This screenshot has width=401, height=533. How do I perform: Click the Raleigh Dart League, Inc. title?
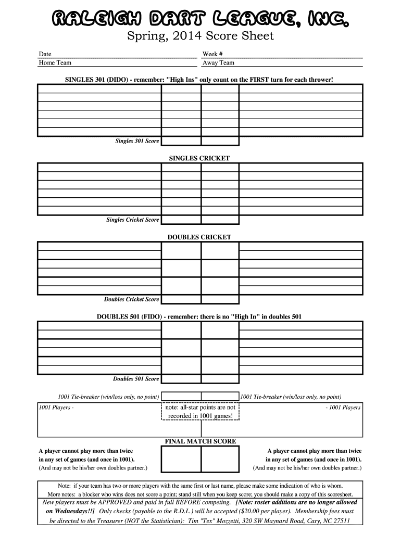(x=200, y=19)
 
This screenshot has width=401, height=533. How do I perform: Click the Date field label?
(x=45, y=54)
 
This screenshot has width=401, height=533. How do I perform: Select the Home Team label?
(x=55, y=63)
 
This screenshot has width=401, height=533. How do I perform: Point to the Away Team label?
(x=218, y=63)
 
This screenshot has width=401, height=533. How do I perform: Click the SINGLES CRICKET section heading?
(x=199, y=158)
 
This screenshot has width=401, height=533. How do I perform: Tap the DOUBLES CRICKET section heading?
(x=199, y=237)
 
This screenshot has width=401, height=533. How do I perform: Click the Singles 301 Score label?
(x=137, y=141)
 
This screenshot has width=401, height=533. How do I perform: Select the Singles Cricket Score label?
(x=133, y=220)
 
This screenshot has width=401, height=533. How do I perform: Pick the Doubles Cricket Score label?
(x=132, y=299)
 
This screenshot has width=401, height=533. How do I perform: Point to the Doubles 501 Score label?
(x=136, y=378)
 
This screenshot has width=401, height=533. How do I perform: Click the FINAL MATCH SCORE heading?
(x=200, y=441)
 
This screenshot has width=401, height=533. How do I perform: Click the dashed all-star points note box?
(x=200, y=412)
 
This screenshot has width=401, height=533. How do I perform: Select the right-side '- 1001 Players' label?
(x=343, y=408)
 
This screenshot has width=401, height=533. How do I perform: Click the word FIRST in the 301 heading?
(x=257, y=80)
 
